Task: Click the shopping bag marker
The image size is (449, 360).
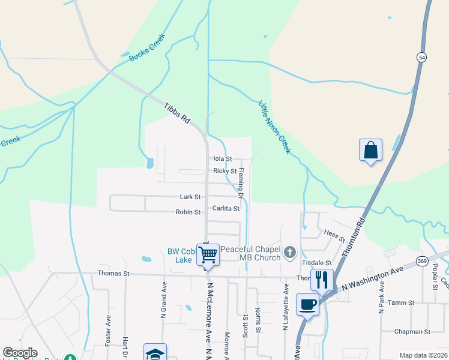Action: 371,150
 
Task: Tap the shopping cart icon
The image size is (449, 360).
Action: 208,254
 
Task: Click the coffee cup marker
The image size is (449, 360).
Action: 307,304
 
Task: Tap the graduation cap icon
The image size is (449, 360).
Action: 154,353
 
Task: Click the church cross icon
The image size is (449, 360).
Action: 290,253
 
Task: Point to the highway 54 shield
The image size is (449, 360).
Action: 423,56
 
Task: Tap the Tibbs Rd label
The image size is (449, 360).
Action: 177,113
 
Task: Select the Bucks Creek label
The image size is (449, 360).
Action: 146,52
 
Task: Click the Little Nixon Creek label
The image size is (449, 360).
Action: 275,127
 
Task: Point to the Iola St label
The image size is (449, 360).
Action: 222,159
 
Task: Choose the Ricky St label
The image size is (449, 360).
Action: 225,171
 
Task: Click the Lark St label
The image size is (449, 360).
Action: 190,197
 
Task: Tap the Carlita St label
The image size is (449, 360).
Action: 226,209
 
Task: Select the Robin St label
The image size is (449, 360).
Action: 188,212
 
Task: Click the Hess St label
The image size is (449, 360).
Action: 335,235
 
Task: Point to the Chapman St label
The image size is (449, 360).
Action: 412,331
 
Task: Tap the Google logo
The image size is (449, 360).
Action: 20,353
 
